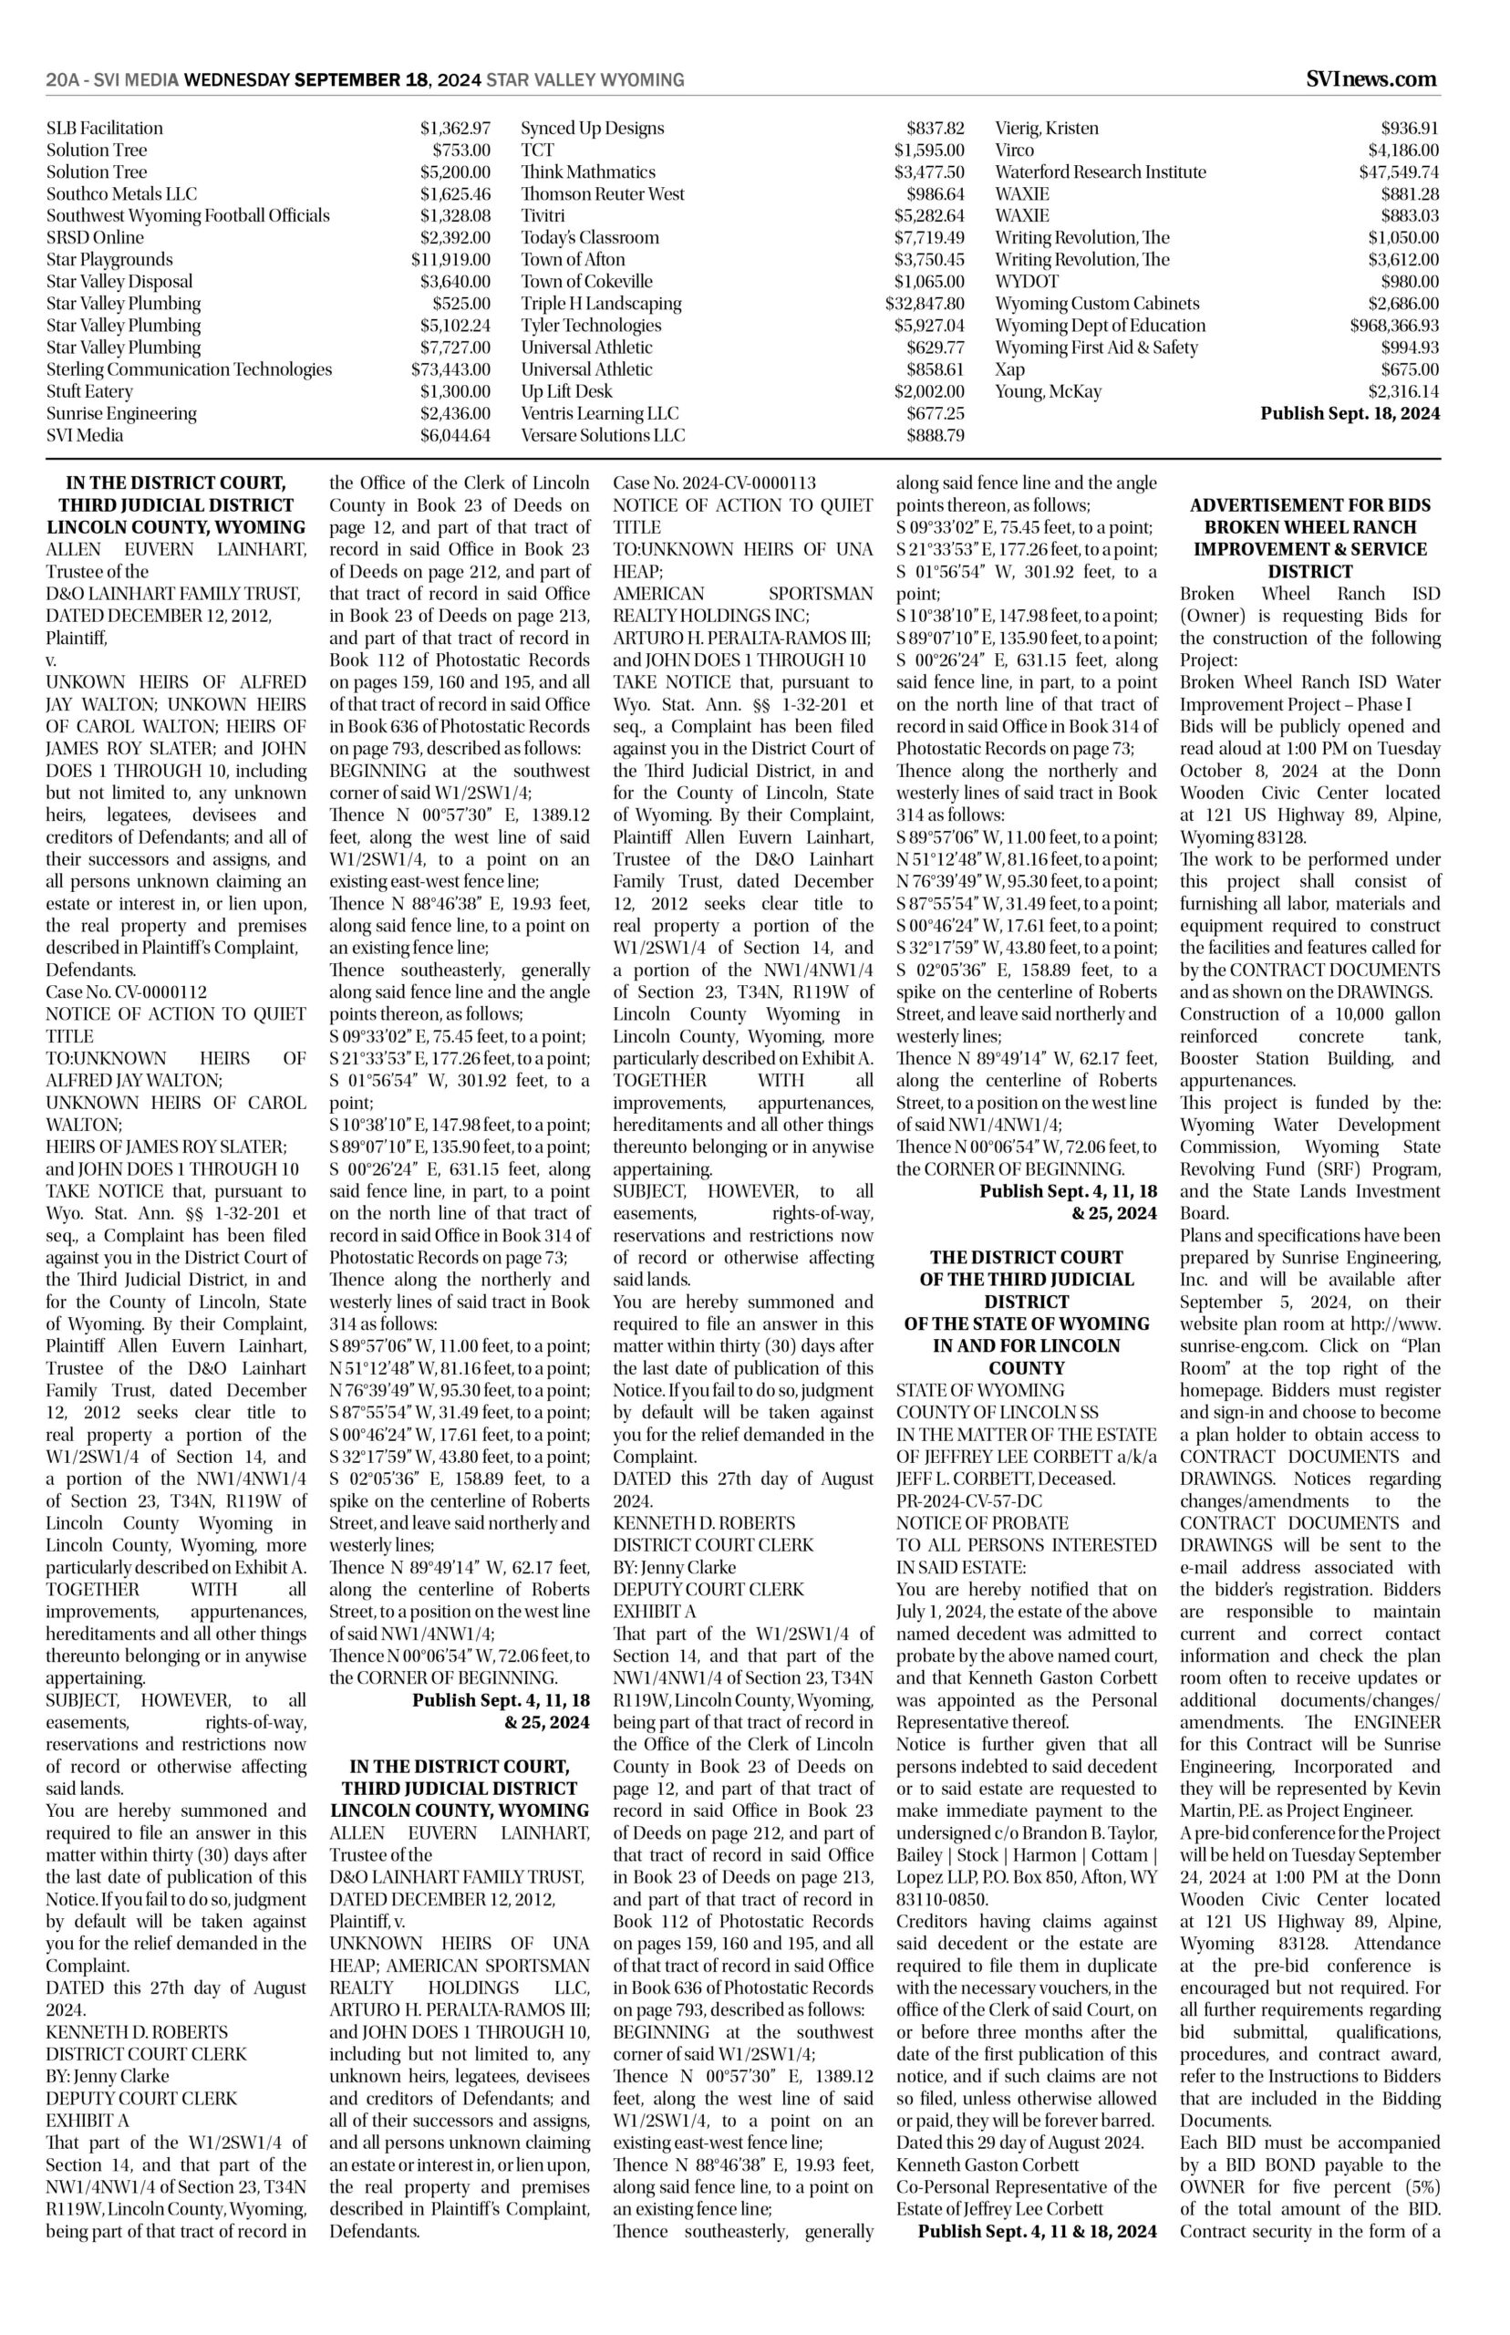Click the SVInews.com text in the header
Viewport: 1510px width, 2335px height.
(x=1371, y=79)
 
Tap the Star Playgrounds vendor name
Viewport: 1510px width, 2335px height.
(x=109, y=260)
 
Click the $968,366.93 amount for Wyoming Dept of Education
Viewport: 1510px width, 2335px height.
(x=1393, y=326)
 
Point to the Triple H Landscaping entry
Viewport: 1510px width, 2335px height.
(x=601, y=304)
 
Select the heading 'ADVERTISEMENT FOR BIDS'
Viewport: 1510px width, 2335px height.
(x=1310, y=506)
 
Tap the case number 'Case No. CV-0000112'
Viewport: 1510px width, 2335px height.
(x=127, y=992)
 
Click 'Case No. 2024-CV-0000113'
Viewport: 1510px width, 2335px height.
(x=714, y=483)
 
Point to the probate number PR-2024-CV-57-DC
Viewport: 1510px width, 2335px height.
(x=968, y=1500)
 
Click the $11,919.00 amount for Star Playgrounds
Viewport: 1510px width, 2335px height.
(x=450, y=260)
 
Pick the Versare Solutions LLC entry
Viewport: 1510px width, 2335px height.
(x=603, y=435)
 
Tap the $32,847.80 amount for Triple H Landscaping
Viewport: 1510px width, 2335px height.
(x=925, y=304)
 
